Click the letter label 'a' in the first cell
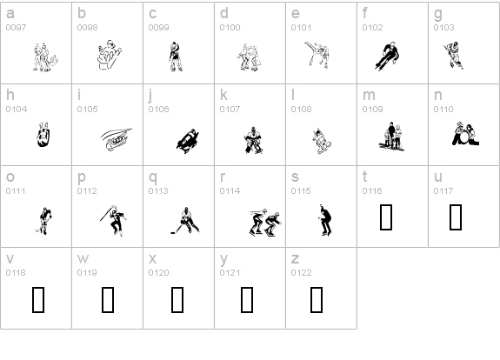10,14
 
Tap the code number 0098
88,28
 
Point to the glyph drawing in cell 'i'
113,138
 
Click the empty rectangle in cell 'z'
317,299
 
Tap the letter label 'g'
438,14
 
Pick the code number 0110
443,110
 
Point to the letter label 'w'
83,259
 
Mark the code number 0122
301,273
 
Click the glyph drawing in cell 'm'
390,134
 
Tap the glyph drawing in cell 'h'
41,136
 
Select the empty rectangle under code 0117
455,217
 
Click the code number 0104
17,110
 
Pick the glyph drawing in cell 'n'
461,133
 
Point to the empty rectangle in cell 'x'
177,299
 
